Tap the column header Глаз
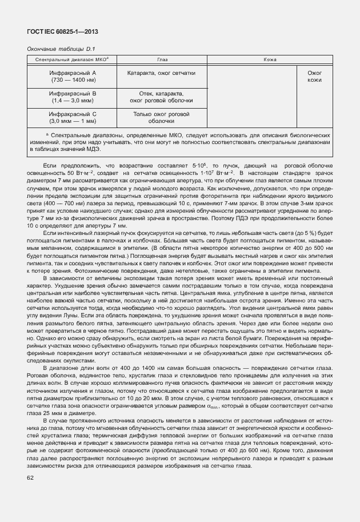pos(162,59)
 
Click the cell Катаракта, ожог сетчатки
pos(162,73)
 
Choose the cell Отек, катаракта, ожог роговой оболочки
pos(162,96)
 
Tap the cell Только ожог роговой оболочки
pos(162,117)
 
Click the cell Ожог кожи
pos(314,77)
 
